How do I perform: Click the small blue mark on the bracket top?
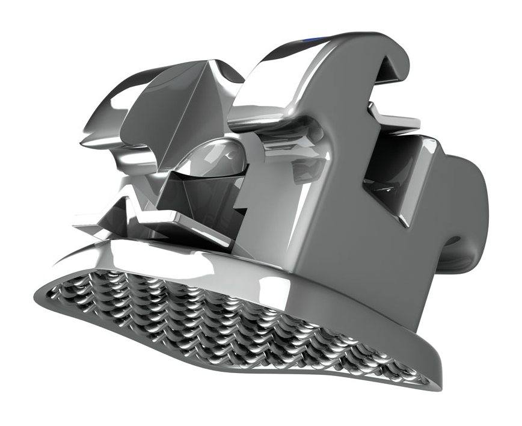[x=314, y=40]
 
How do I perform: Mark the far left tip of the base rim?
[x=37, y=293]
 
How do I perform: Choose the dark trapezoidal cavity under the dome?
[x=198, y=193]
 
